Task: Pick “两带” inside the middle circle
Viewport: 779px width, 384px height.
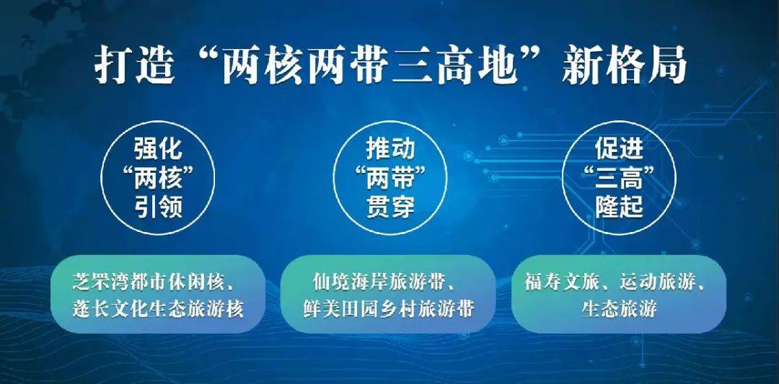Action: [390, 177]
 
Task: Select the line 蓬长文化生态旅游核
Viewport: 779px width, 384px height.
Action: [157, 309]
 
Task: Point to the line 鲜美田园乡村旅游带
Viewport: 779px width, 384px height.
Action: [389, 309]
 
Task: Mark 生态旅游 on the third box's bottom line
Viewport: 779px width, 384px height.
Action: [620, 309]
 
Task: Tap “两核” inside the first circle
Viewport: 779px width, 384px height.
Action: [158, 177]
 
